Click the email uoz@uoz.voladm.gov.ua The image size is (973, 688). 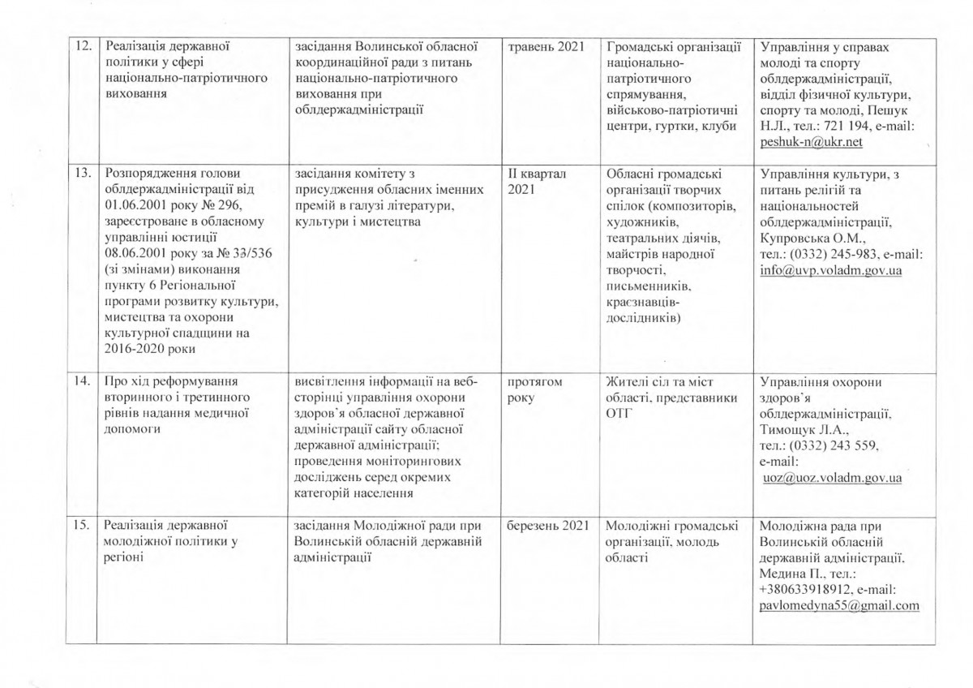click(x=833, y=479)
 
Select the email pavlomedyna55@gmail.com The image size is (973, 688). click(x=839, y=605)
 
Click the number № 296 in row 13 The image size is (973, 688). click(x=224, y=204)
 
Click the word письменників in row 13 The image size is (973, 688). click(x=648, y=286)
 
